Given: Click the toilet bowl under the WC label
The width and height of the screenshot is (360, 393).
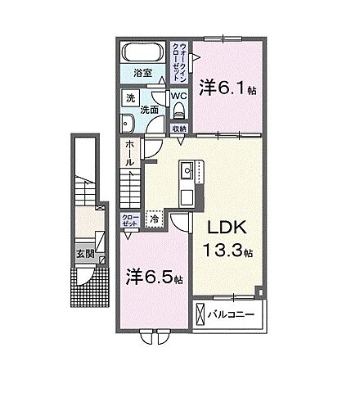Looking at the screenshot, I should pos(179,111).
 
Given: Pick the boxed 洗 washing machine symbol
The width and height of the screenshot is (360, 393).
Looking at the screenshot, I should pos(129,98).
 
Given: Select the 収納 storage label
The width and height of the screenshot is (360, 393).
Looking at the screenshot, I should pos(179,129).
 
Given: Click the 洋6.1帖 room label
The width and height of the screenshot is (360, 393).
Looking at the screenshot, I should pos(227,86).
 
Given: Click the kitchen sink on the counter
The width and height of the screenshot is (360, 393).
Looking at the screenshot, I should pos(186,170).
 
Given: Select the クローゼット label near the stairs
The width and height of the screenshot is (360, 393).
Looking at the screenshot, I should pos(128,219).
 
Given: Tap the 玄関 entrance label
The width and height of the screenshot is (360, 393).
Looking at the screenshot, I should pos(84,254).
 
